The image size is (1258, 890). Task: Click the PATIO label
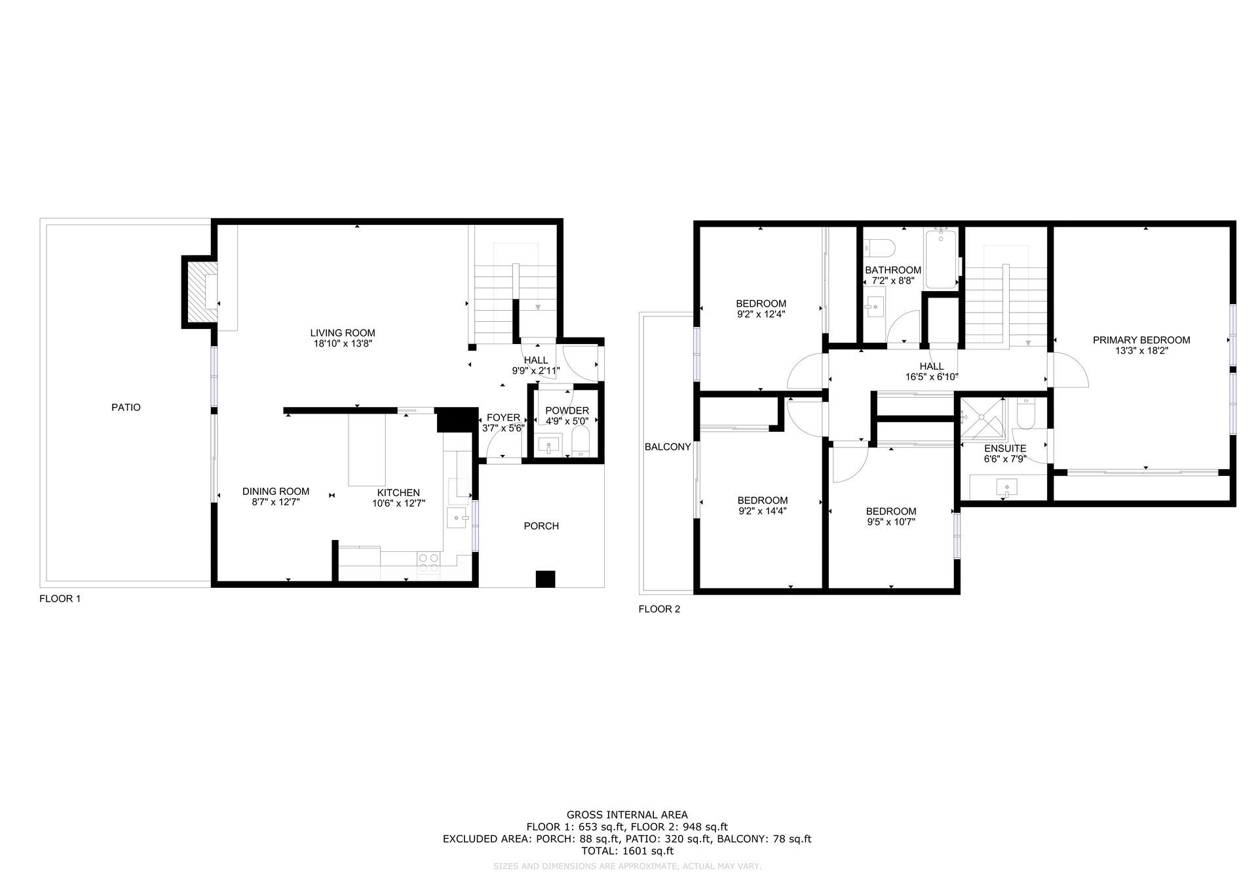pyautogui.click(x=126, y=407)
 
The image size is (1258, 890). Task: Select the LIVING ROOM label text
pyautogui.click(x=343, y=333)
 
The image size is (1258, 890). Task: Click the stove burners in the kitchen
pyautogui.click(x=429, y=563)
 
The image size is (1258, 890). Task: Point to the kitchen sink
pyautogui.click(x=458, y=518)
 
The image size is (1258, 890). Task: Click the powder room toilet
pyautogui.click(x=581, y=443)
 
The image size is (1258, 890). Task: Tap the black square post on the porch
pyautogui.click(x=545, y=579)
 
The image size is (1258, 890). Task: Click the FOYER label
pyautogui.click(x=503, y=418)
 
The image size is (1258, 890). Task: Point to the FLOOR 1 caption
pyautogui.click(x=60, y=598)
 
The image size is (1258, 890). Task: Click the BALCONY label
pyautogui.click(x=668, y=447)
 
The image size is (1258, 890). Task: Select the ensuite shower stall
pyautogui.click(x=982, y=418)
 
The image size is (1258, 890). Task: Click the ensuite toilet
pyautogui.click(x=1026, y=414)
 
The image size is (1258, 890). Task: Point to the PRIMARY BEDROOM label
pyautogui.click(x=1141, y=340)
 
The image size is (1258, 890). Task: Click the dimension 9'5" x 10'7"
pyautogui.click(x=890, y=522)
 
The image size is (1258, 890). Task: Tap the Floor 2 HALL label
pyautogui.click(x=932, y=366)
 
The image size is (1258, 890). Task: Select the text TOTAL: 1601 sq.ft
pyautogui.click(x=627, y=851)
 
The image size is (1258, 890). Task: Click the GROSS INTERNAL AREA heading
pyautogui.click(x=627, y=815)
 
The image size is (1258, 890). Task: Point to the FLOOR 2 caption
pyautogui.click(x=659, y=609)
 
